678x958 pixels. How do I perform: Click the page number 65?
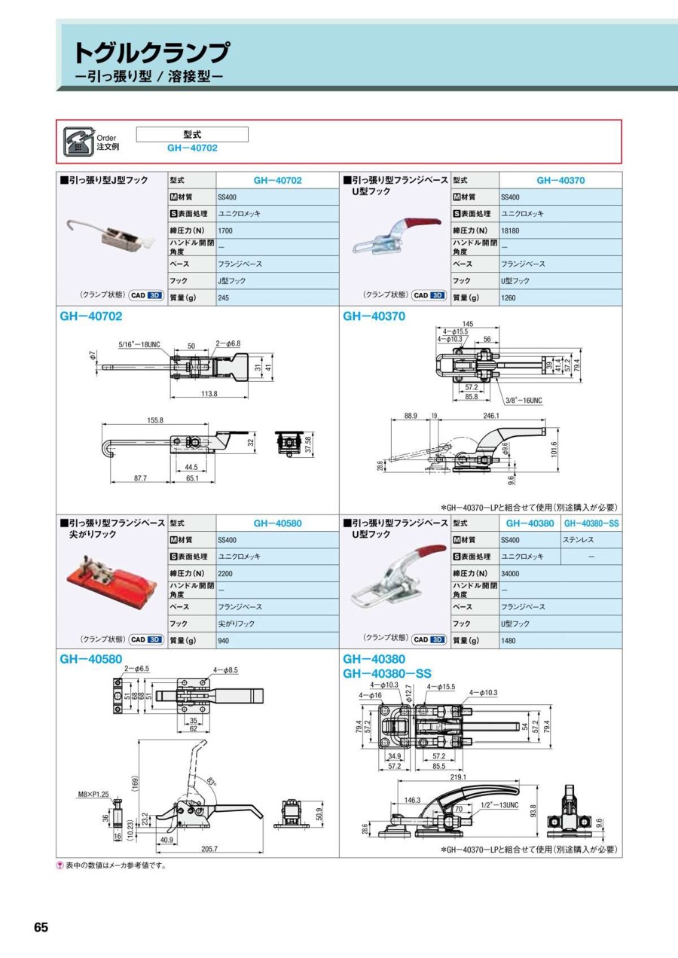click(x=41, y=927)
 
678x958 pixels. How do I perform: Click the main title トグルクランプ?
click(x=151, y=53)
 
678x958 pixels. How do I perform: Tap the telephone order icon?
click(x=77, y=141)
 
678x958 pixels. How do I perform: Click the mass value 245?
click(x=224, y=297)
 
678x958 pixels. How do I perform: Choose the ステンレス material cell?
click(x=579, y=540)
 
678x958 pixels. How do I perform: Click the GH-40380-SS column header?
click(x=592, y=523)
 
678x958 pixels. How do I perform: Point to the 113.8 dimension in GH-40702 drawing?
click(x=209, y=393)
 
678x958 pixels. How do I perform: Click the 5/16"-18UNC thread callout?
click(x=139, y=345)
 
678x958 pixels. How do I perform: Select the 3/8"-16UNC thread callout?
click(x=524, y=401)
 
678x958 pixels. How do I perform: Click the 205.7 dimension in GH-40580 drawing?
click(x=209, y=849)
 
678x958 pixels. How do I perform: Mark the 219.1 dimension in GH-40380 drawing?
click(x=457, y=777)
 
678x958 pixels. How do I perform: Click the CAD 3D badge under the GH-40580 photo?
click(x=146, y=639)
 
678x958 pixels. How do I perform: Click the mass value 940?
click(x=224, y=641)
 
